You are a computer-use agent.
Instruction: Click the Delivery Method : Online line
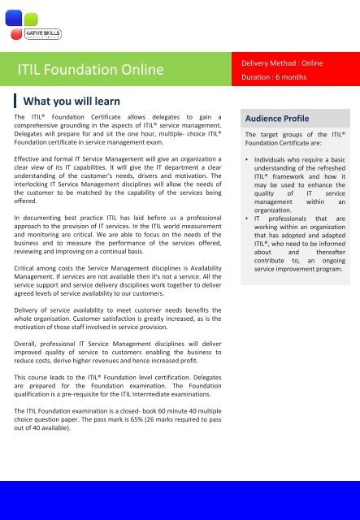coord(284,63)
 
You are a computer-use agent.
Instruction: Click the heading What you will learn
coord(73,102)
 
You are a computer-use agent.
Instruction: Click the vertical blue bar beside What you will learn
coord(17,102)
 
